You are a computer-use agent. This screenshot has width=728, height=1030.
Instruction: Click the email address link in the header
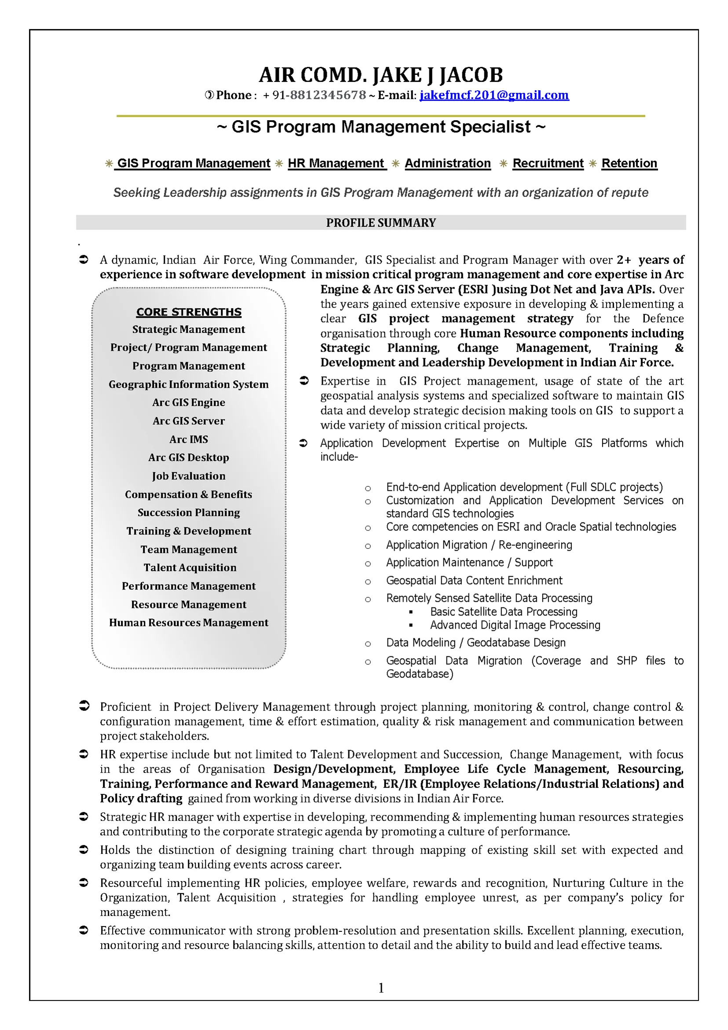click(494, 95)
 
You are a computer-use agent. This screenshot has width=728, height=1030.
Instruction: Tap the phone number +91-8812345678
click(314, 95)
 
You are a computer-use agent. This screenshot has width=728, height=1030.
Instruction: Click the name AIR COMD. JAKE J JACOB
click(380, 75)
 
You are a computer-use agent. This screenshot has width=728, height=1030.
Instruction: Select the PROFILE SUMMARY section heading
click(380, 223)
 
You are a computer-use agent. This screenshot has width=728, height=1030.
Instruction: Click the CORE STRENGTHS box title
click(189, 312)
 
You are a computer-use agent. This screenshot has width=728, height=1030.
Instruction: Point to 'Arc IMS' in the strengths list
click(189, 439)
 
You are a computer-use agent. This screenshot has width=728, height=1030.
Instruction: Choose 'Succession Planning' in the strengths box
click(189, 512)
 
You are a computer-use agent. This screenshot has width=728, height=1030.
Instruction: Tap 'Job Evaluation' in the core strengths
click(189, 476)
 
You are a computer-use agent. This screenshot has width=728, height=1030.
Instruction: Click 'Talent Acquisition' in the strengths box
click(190, 567)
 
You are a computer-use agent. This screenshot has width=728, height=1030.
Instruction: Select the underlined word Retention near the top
click(629, 163)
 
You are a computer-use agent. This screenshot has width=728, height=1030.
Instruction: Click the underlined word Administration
click(447, 163)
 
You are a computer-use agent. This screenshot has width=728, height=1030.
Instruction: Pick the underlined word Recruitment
click(548, 163)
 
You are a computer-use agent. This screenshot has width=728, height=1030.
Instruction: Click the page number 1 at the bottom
click(381, 988)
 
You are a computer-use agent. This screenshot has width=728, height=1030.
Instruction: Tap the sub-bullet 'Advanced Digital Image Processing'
click(515, 625)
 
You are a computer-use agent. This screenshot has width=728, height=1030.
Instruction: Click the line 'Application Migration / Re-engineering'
click(479, 544)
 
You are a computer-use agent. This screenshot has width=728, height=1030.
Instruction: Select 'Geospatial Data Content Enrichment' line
click(474, 581)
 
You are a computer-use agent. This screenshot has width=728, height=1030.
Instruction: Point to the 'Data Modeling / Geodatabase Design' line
click(476, 642)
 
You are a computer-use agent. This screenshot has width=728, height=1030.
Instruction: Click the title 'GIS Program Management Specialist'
click(381, 127)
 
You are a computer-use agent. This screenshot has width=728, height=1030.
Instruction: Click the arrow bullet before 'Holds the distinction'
click(84, 850)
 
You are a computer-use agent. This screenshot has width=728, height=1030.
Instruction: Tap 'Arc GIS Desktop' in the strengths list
click(189, 458)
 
